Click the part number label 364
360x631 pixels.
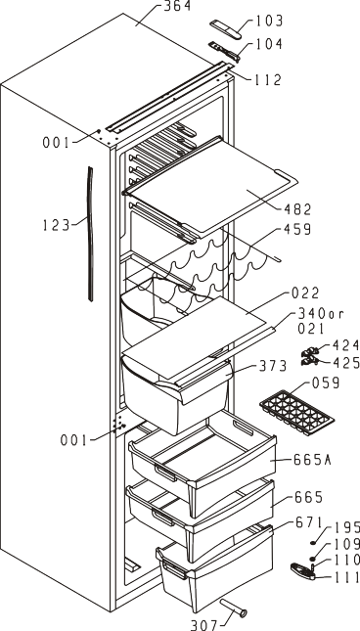tap(177, 6)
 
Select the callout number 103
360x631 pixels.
tap(269, 21)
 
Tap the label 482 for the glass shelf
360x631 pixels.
tap(297, 209)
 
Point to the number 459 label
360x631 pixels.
tap(297, 229)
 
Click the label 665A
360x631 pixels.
tap(312, 460)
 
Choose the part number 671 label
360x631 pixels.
tap(309, 522)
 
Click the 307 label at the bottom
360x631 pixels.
tap(203, 625)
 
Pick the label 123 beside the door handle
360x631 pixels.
tap(57, 225)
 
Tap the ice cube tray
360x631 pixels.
tap(296, 412)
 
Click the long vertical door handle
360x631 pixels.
tap(91, 234)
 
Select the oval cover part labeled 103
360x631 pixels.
tap(226, 29)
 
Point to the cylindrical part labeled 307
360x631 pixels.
tap(233, 608)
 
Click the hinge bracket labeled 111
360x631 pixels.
tap(302, 571)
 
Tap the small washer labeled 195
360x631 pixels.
tap(312, 543)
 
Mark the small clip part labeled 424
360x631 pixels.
tap(310, 352)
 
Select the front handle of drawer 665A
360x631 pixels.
tap(165, 473)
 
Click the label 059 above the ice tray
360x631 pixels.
tap(326, 383)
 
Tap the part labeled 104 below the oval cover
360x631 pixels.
tap(224, 52)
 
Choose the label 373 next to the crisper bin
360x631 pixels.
tap(273, 366)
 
